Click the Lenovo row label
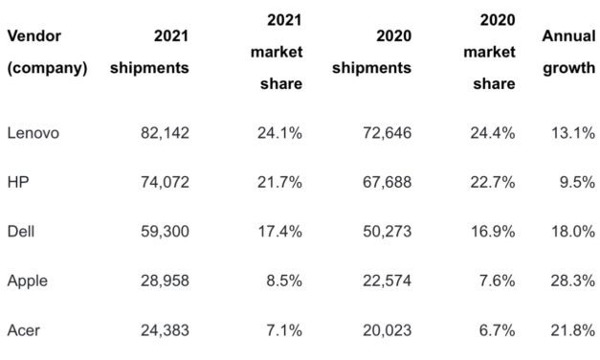click(x=33, y=133)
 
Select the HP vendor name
click(x=17, y=183)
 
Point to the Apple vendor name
click(x=28, y=281)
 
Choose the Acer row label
click(x=24, y=331)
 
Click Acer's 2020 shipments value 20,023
click(x=381, y=331)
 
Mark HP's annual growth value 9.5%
click(x=575, y=183)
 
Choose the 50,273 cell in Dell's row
click(x=381, y=233)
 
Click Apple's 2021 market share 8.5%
click(x=283, y=281)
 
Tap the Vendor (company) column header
click(x=48, y=53)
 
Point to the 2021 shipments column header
click(x=150, y=53)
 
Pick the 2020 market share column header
click(x=489, y=52)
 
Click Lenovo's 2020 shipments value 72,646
click(x=381, y=133)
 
